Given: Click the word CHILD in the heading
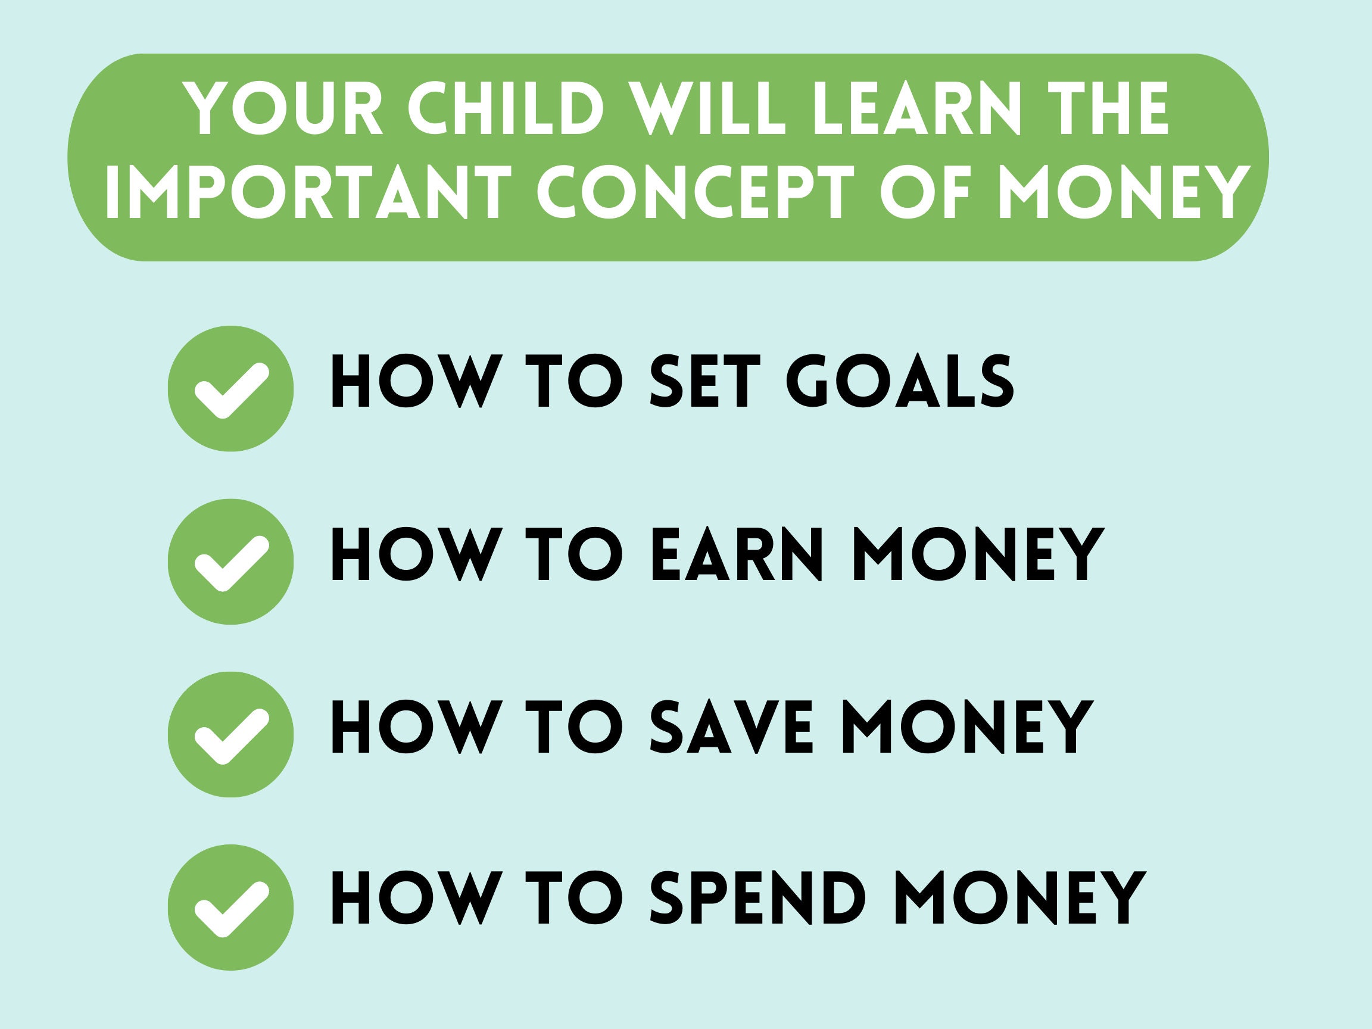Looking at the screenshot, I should tap(505, 109).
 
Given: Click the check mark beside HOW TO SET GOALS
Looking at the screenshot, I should tap(230, 388).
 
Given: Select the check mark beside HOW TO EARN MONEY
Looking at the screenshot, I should tap(230, 562).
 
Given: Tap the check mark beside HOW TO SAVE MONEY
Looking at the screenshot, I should tap(230, 734).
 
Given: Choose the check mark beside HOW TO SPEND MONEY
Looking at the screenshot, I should tap(230, 908).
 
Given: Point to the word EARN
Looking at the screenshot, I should tap(736, 554).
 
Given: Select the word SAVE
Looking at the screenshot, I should tap(731, 727).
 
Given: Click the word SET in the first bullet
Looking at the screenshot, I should tap(704, 382).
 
